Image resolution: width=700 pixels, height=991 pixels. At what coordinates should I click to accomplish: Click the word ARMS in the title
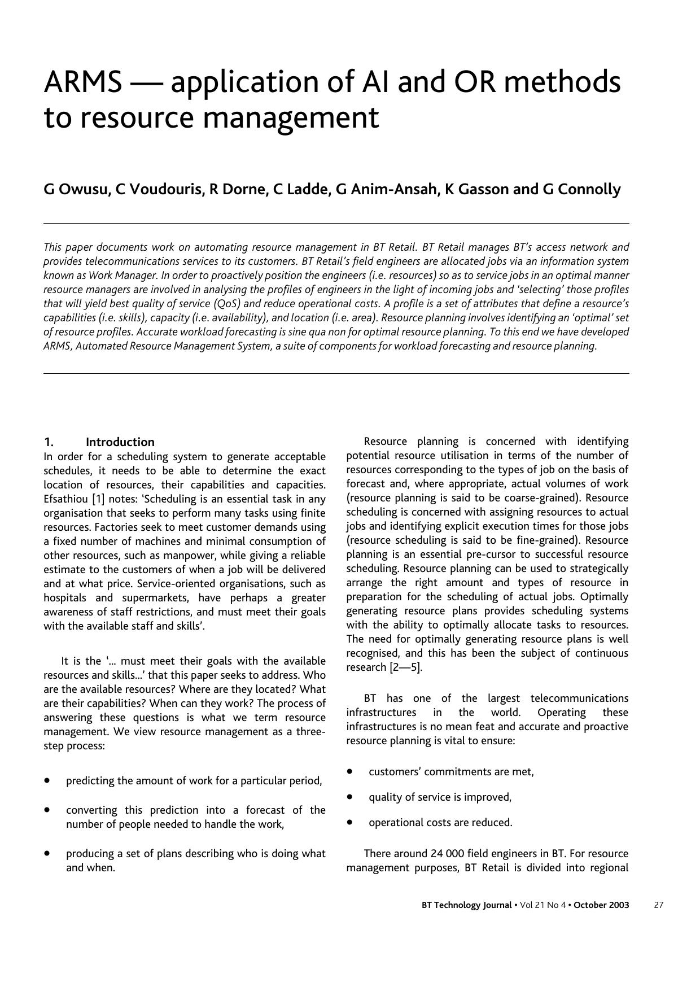pos(82,82)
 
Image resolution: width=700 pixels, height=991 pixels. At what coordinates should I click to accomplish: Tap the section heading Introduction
pos(120,442)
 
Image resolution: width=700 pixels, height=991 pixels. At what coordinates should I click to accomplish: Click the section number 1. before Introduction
pos(49,442)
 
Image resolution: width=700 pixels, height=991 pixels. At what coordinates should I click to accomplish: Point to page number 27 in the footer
pos(658,905)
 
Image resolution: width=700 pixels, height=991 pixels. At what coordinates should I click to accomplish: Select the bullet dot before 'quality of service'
pos(350,797)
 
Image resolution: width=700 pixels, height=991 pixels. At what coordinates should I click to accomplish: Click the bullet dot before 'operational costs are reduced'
pos(350,822)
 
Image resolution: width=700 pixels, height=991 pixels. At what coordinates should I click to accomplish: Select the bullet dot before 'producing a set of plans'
pos(47,853)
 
